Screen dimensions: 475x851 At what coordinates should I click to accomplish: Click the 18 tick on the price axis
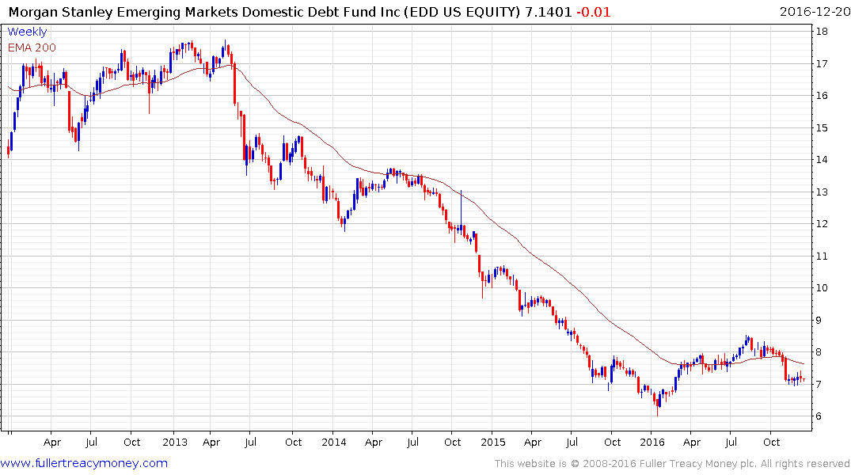(823, 31)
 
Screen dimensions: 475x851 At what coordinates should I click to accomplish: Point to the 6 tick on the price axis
(823, 416)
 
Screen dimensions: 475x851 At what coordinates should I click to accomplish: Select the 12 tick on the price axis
(823, 224)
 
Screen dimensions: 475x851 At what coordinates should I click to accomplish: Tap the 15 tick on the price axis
(823, 127)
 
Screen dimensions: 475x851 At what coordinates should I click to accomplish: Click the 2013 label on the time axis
(173, 442)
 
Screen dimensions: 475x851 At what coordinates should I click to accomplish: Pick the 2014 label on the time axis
(333, 442)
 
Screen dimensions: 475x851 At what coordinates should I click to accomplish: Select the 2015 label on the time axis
(492, 442)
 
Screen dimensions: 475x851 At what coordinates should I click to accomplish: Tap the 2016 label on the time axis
(652, 442)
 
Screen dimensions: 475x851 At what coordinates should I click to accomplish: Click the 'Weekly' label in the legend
(27, 32)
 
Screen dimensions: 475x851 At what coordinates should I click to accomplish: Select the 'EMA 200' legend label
(32, 47)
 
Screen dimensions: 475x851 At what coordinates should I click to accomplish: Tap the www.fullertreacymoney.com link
(84, 463)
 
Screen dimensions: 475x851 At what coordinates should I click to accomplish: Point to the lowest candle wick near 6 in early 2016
(657, 410)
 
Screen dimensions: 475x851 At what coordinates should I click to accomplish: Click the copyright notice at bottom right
(672, 464)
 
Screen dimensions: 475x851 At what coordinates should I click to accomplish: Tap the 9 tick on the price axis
(823, 320)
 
